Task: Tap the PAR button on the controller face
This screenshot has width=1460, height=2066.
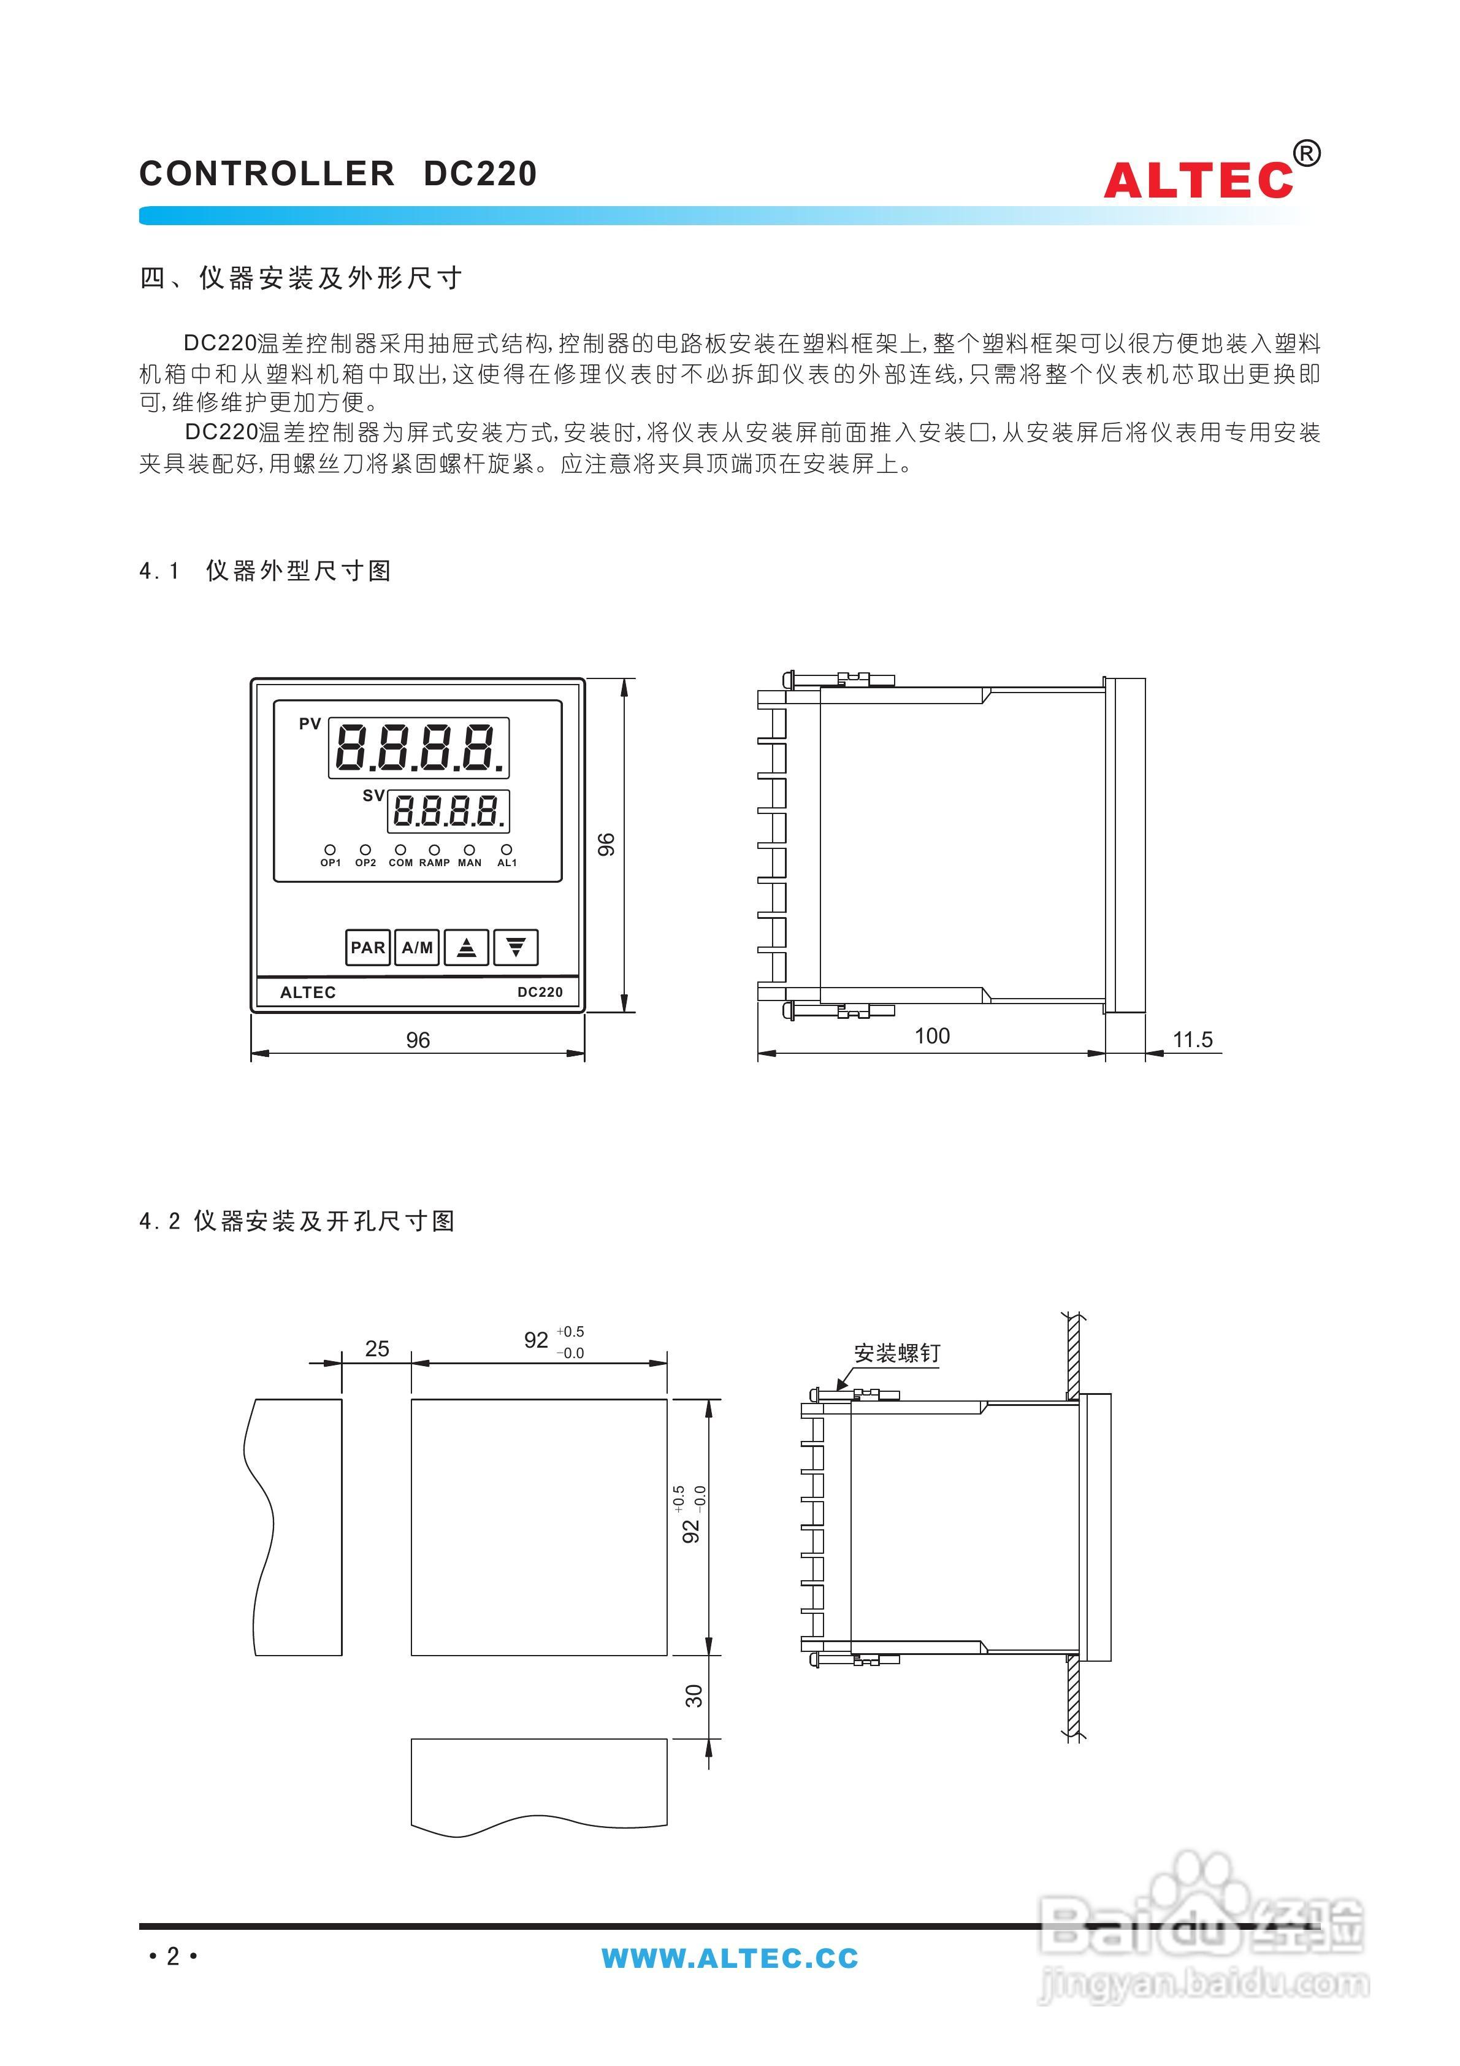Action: (x=368, y=948)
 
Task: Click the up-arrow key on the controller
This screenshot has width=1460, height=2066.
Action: (x=467, y=948)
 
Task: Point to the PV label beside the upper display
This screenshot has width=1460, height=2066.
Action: (x=310, y=723)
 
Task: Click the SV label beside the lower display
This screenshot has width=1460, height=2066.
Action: (x=372, y=796)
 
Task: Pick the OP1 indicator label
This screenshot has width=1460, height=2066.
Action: (x=330, y=863)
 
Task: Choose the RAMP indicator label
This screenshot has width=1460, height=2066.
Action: (x=435, y=863)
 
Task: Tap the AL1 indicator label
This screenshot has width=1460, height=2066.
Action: (x=507, y=863)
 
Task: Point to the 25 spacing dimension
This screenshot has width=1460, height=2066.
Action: (x=377, y=1348)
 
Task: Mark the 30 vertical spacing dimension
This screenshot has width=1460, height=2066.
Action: (x=694, y=1696)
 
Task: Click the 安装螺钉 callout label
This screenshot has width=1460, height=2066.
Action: (x=897, y=1353)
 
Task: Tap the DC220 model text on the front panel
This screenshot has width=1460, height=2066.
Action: (x=540, y=992)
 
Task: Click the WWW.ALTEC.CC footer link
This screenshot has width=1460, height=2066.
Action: (x=730, y=1958)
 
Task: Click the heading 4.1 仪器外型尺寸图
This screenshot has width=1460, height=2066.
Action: (x=266, y=570)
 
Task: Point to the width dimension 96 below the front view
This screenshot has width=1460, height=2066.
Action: (x=418, y=1040)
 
